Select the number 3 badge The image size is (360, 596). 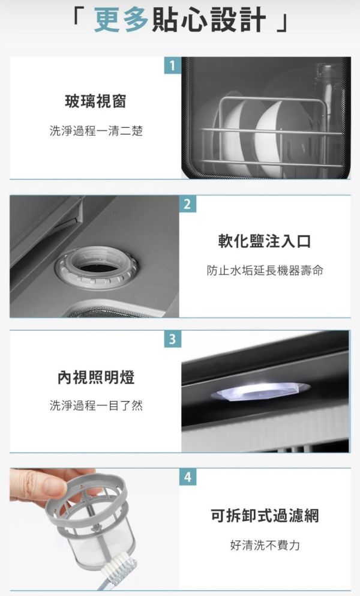(x=172, y=340)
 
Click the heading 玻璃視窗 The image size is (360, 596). (x=96, y=103)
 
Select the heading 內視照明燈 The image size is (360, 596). (x=96, y=378)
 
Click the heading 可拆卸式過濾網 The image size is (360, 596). (x=265, y=515)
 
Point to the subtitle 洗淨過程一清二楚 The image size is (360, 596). (x=96, y=130)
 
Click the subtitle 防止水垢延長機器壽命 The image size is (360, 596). (x=265, y=271)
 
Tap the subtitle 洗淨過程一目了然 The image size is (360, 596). (x=96, y=406)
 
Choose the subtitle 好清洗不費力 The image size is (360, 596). (x=265, y=545)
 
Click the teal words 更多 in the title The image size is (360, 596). (x=121, y=20)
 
